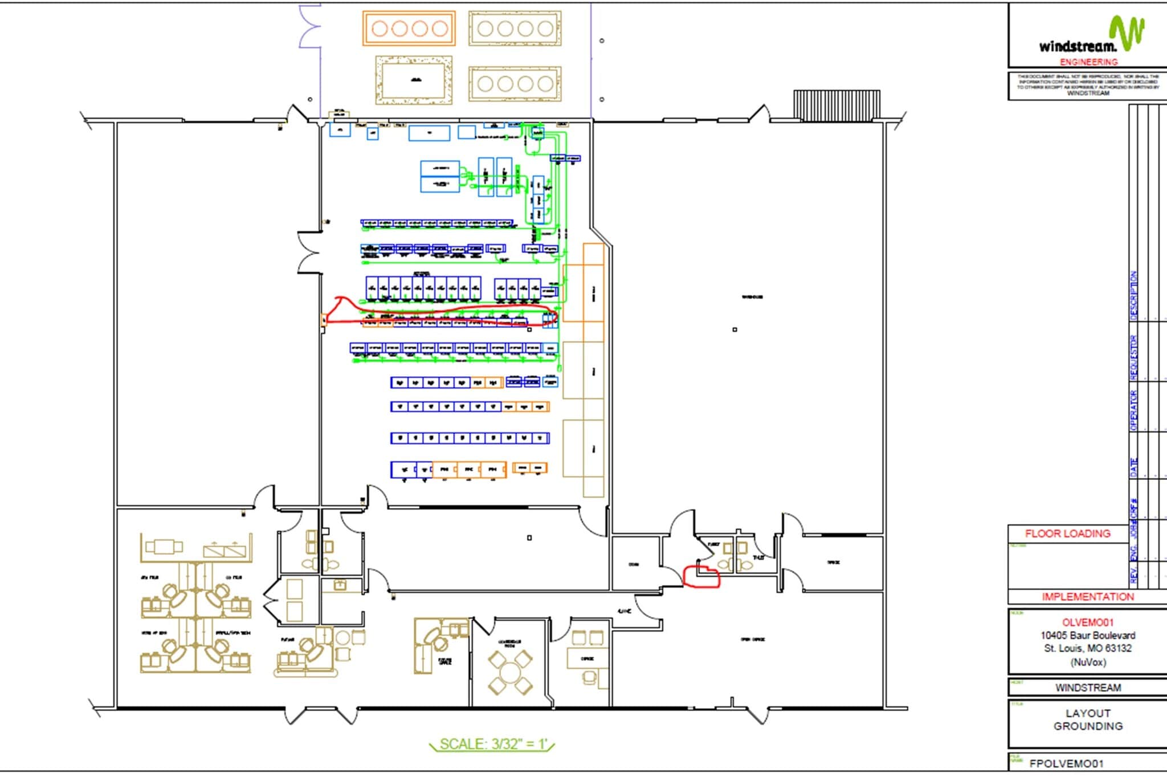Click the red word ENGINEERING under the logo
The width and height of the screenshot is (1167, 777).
coord(1088,62)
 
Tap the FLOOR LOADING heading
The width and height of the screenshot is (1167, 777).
coord(1067,534)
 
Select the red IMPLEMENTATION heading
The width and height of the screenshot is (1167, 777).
coord(1087,597)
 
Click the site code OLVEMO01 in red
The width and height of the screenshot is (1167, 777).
coord(1087,623)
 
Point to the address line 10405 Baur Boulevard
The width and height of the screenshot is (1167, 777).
coord(1087,635)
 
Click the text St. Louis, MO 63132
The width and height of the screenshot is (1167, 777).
coord(1087,648)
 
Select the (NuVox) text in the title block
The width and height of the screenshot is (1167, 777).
coord(1087,662)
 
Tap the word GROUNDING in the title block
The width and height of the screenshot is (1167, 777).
coord(1087,726)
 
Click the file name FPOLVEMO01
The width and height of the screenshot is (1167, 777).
coord(1066,764)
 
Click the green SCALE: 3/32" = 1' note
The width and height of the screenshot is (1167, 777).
coord(492,744)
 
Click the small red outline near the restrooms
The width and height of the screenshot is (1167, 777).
coord(701,576)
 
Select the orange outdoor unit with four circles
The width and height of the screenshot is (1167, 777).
coord(409,29)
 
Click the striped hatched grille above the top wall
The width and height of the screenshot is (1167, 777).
coord(837,104)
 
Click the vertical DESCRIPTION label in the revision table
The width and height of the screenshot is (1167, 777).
coord(1133,294)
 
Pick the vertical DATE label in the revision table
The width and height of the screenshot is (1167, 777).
coord(1133,467)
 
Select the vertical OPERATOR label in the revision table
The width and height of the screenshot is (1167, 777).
coord(1133,410)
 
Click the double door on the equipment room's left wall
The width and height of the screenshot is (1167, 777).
coord(309,253)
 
